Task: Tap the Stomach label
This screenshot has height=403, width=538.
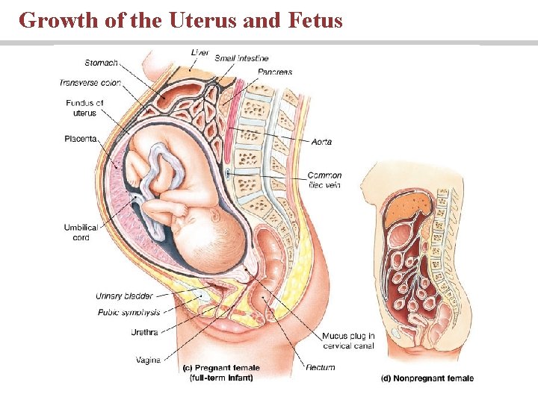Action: pyautogui.click(x=101, y=63)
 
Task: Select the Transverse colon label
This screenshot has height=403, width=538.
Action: pyautogui.click(x=90, y=82)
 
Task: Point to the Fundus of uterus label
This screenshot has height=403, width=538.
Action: pyautogui.click(x=84, y=107)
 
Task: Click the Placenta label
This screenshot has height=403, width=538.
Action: pyautogui.click(x=81, y=138)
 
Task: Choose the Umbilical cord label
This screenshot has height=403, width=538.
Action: pyautogui.click(x=81, y=232)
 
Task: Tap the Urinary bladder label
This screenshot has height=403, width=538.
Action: pyautogui.click(x=124, y=296)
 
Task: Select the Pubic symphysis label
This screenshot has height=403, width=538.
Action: pyautogui.click(x=129, y=312)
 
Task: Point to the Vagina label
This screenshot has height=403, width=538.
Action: pyautogui.click(x=148, y=360)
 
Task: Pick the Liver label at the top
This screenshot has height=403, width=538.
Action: pyautogui.click(x=200, y=51)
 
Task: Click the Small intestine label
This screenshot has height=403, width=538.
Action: pyautogui.click(x=241, y=58)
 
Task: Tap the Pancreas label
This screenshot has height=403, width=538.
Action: pyautogui.click(x=275, y=72)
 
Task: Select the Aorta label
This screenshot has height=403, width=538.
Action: pyautogui.click(x=321, y=142)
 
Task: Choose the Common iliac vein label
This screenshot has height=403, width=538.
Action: pyautogui.click(x=324, y=181)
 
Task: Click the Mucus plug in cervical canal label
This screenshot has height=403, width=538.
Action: pyautogui.click(x=349, y=341)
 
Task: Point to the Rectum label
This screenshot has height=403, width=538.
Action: pyautogui.click(x=320, y=367)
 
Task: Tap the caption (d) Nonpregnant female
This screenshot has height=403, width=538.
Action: pyautogui.click(x=427, y=378)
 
